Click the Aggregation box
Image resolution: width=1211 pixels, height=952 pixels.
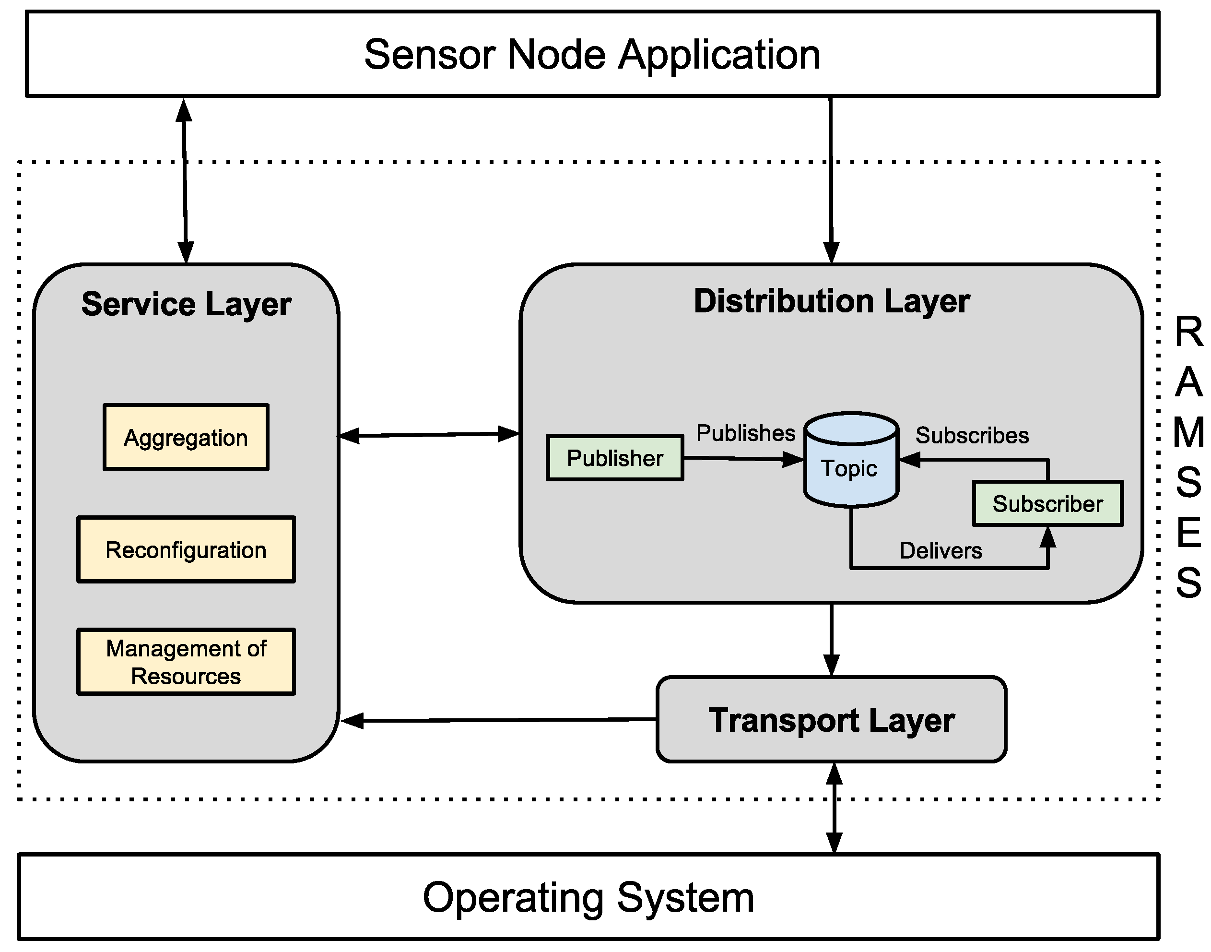186,437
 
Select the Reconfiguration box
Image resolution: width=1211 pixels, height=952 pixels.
186,550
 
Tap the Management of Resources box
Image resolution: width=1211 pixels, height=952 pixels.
186,662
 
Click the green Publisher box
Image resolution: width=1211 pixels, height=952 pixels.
614,458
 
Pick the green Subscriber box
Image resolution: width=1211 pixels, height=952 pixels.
1047,503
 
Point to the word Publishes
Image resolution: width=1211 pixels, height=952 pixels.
745,433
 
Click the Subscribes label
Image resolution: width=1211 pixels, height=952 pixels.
972,435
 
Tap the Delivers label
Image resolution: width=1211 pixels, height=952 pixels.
941,551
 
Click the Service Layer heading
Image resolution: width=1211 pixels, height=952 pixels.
186,304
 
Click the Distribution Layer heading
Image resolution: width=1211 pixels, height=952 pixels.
831,301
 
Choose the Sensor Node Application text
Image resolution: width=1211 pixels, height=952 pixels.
592,54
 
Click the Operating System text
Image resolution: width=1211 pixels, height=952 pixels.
588,897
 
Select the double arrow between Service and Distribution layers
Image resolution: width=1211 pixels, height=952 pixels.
429,434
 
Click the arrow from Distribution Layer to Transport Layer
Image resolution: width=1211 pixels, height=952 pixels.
831,638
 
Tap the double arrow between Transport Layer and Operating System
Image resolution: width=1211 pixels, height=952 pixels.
834,808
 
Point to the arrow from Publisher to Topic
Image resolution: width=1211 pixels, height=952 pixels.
741,459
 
